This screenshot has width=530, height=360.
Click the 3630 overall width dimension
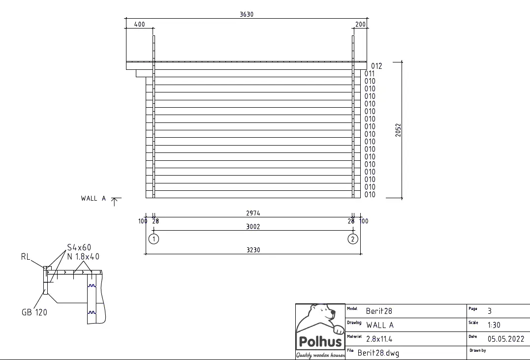tap(246, 14)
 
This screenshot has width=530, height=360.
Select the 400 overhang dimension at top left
tap(139, 25)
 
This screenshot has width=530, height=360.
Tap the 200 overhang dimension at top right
tap(360, 25)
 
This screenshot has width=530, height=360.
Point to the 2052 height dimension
tap(398, 130)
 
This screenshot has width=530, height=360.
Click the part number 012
tap(376, 66)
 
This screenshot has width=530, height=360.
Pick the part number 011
tap(370, 74)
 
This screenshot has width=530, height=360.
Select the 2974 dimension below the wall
tap(253, 213)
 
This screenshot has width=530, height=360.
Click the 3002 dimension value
tap(253, 227)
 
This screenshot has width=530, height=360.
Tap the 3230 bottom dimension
tap(253, 250)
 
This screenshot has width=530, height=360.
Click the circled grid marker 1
tap(154, 239)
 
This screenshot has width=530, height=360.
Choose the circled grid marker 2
tap(352, 239)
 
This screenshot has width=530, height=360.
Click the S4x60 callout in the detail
tap(79, 247)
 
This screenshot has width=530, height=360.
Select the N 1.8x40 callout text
tap(83, 256)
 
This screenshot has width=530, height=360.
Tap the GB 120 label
tap(34, 312)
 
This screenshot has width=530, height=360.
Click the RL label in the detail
tap(26, 256)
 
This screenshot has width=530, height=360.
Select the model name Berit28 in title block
tap(379, 311)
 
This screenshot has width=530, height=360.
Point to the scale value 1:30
tap(494, 325)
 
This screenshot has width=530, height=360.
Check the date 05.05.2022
tap(506, 339)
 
